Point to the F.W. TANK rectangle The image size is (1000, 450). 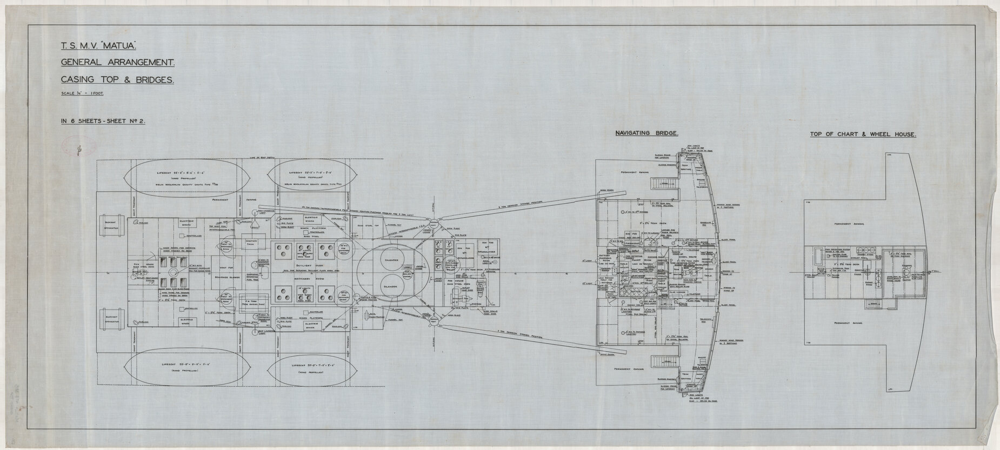tap(252, 303)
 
